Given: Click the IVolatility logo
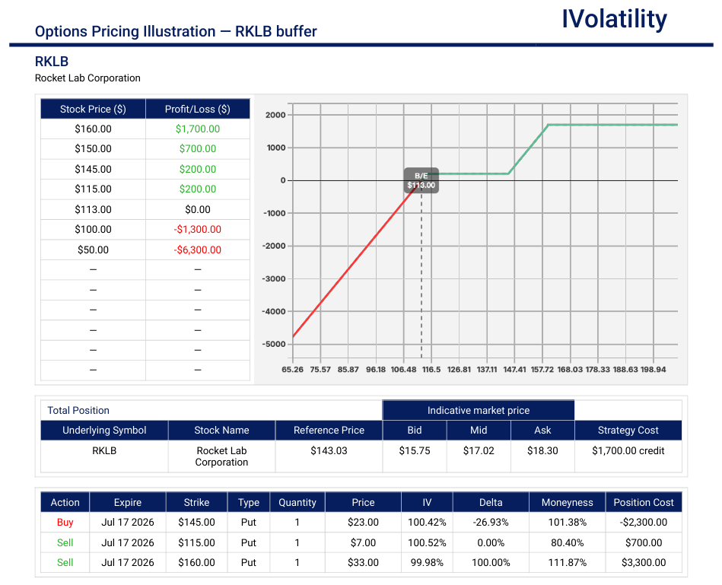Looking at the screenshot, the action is coord(614,19).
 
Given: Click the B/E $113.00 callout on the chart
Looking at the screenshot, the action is coord(421,180).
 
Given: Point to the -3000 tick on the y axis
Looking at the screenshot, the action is coord(274,278).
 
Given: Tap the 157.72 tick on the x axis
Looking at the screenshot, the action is coord(542,370).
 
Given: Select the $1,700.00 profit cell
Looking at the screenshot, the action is coord(198,129).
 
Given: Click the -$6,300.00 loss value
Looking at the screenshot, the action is coord(198,250).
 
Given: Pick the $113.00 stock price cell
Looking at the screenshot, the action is coord(93,209).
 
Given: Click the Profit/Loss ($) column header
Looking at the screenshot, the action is coord(198,109).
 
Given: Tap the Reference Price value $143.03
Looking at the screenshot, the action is coord(329,450).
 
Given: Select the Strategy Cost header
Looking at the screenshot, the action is coord(628,431).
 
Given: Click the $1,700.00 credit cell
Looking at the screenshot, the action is coord(628,450).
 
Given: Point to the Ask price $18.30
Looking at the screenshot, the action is coord(542,450).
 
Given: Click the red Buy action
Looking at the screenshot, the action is coord(65,523).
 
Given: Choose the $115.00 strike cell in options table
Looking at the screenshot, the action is coord(196,542).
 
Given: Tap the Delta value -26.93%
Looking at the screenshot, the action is coord(491,523).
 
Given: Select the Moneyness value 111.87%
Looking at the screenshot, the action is coord(568,562).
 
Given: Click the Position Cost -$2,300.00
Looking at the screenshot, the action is coord(644,523).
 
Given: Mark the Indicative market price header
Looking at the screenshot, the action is coord(479,411).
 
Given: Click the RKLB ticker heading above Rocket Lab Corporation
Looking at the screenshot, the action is coord(52,61).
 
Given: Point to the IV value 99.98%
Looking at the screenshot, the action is coord(427,562).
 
